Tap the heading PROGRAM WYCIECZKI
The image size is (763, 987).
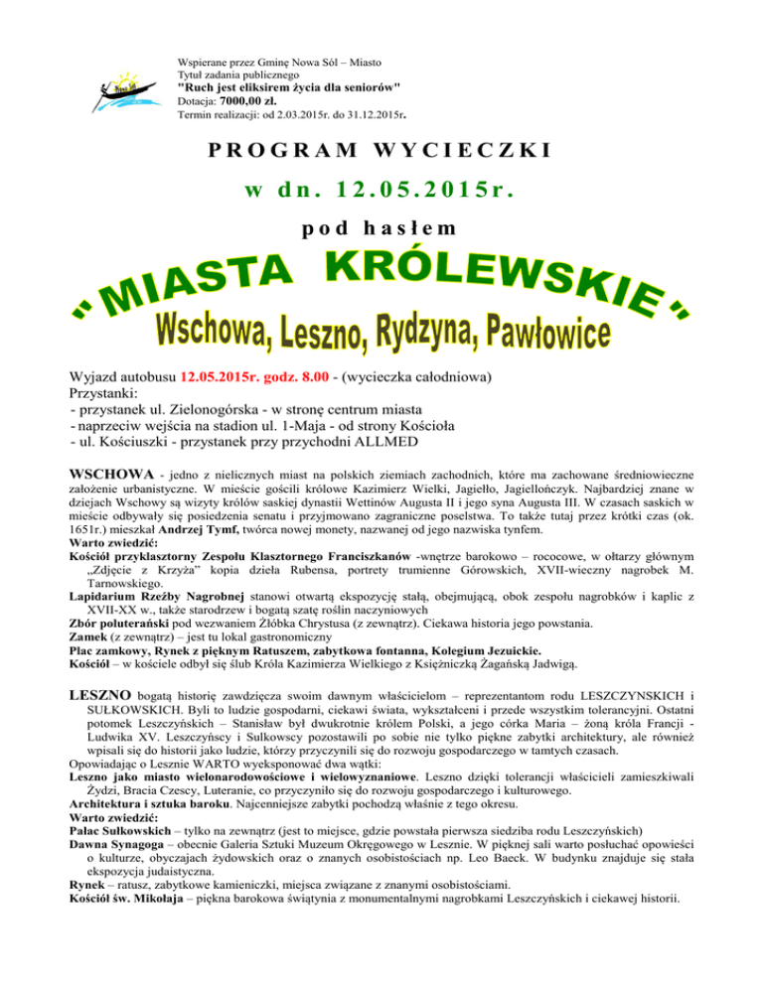pos(381,152)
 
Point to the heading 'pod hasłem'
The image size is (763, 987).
pos(381,227)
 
